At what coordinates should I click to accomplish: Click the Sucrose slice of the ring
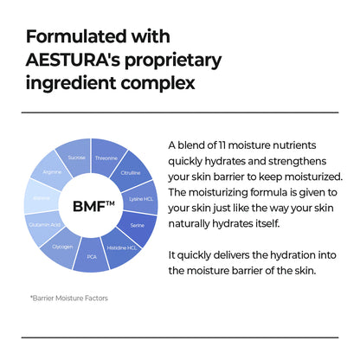click(x=76, y=157)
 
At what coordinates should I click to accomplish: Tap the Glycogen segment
click(x=61, y=245)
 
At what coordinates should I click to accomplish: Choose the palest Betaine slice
click(x=42, y=197)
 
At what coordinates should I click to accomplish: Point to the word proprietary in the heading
click(x=177, y=62)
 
